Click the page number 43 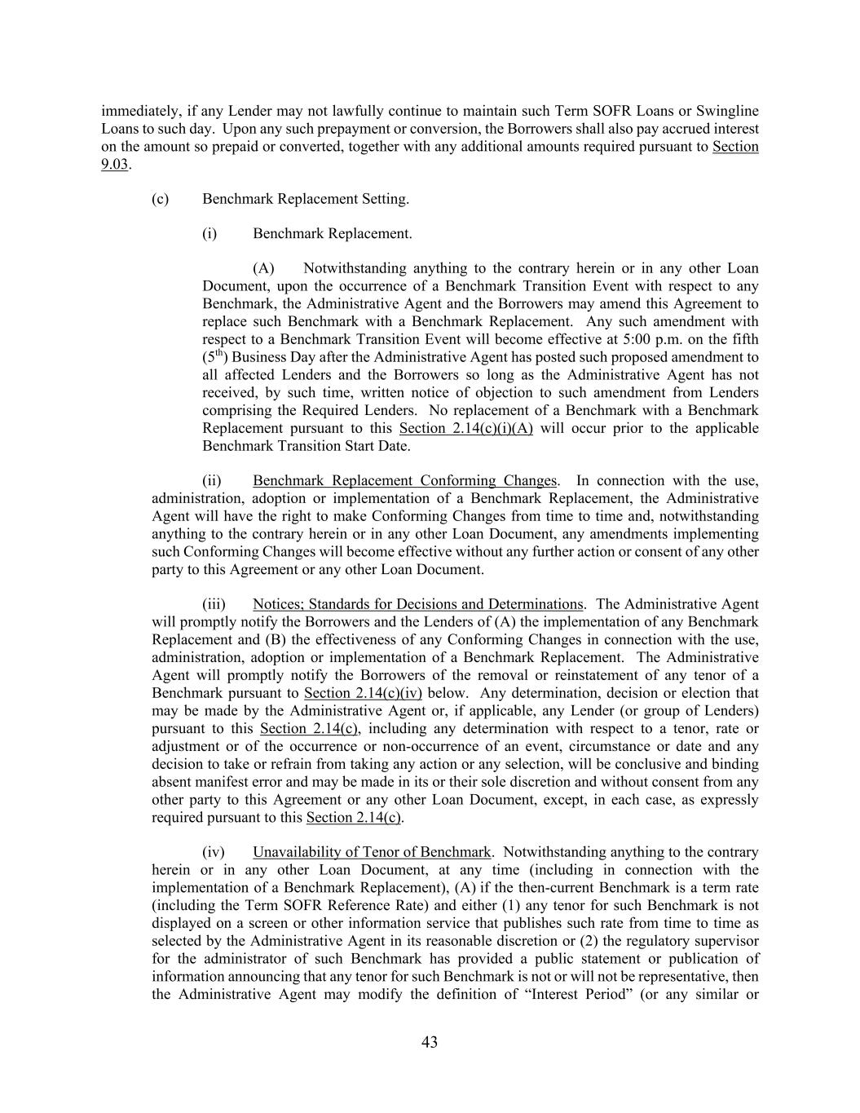430,1042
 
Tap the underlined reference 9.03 114,164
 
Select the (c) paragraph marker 160,199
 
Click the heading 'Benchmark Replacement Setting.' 306,199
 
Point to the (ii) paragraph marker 212,480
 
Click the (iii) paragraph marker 214,604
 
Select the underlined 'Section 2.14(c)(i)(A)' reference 465,428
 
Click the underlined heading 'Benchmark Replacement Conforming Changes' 404,480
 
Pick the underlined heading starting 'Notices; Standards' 417,604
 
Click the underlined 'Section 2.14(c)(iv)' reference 363,693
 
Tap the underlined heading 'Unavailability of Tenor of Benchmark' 372,852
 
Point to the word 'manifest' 218,782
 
